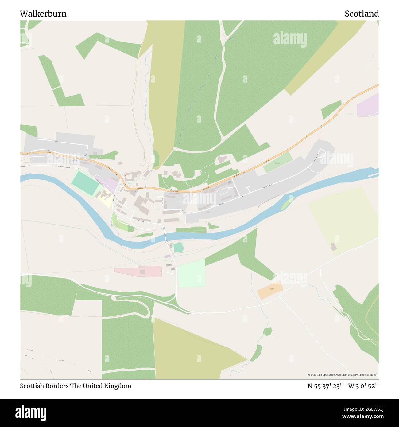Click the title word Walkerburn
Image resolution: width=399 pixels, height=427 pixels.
point(43,14)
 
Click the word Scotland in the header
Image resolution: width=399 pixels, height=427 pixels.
point(362,14)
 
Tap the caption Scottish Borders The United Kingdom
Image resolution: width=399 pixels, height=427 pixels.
point(76,386)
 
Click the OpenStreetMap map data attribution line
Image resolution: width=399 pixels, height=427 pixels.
point(343,375)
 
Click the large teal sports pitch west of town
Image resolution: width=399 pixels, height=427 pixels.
point(85,182)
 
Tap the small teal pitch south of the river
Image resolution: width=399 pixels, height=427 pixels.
point(178,248)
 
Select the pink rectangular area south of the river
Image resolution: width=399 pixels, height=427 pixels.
point(138,271)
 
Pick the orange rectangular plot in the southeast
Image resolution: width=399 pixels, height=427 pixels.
point(270,290)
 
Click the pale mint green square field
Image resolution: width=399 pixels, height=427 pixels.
point(192,273)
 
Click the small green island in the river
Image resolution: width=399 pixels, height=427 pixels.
point(288,203)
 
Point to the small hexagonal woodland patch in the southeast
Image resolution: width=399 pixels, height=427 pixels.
point(268,331)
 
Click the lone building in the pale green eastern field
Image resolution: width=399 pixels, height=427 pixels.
point(333,247)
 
